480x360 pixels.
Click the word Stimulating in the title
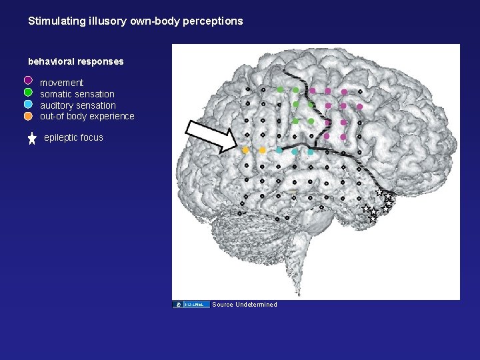[56, 21]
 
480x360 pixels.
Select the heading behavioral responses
[75, 62]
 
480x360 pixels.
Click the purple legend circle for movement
[28, 81]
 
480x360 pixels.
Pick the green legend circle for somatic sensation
[28, 93]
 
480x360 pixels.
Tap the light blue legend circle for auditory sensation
[28, 104]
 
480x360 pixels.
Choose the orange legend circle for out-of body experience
[28, 115]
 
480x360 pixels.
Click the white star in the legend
[32, 139]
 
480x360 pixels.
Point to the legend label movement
[62, 83]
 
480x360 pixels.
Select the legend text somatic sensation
[77, 94]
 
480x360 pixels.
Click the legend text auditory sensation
[78, 105]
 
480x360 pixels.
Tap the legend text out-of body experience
[87, 117]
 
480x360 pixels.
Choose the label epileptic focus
[73, 138]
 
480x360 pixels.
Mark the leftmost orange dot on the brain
[246, 150]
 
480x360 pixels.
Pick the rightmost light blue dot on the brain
[311, 152]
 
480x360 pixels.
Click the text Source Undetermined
[245, 305]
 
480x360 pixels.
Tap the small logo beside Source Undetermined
[191, 305]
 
